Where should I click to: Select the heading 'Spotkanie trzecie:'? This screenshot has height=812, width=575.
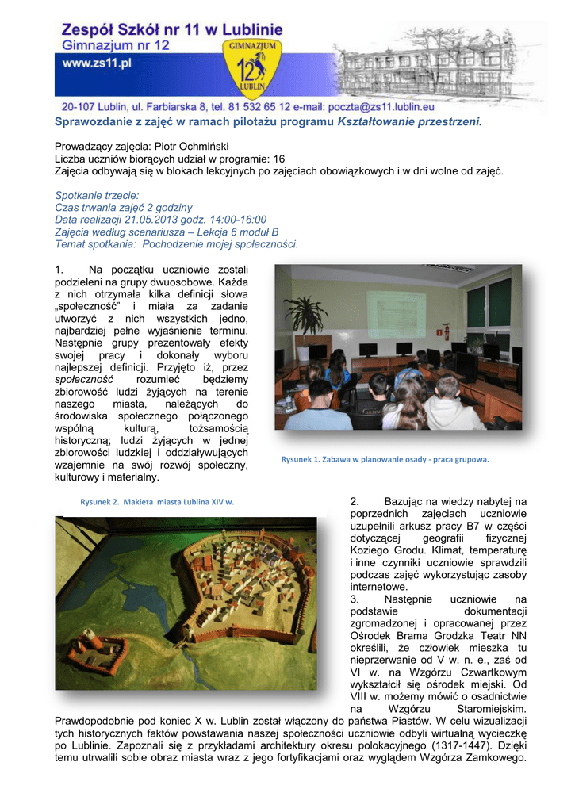[97, 195]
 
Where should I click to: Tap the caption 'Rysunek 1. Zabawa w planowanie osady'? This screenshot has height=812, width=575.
[385, 459]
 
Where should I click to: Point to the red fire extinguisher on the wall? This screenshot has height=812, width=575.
[447, 331]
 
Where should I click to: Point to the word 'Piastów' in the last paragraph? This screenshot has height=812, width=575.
[401, 721]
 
